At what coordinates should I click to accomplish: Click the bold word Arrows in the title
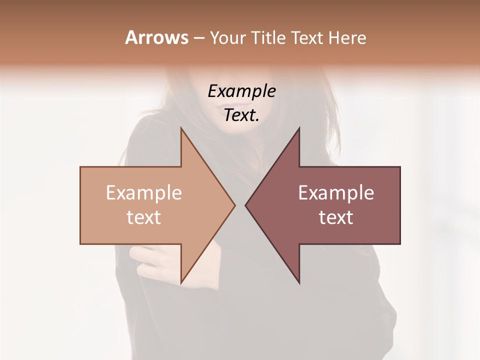[x=156, y=37]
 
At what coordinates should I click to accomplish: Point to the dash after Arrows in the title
[x=198, y=38]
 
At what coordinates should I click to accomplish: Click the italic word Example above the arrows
[x=242, y=91]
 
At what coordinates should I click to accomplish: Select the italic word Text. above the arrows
[x=242, y=115]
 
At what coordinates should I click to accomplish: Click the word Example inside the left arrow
[x=144, y=193]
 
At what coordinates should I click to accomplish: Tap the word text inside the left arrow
[x=144, y=217]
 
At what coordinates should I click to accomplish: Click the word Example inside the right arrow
[x=336, y=193]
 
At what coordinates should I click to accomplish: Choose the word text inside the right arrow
[x=336, y=217]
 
